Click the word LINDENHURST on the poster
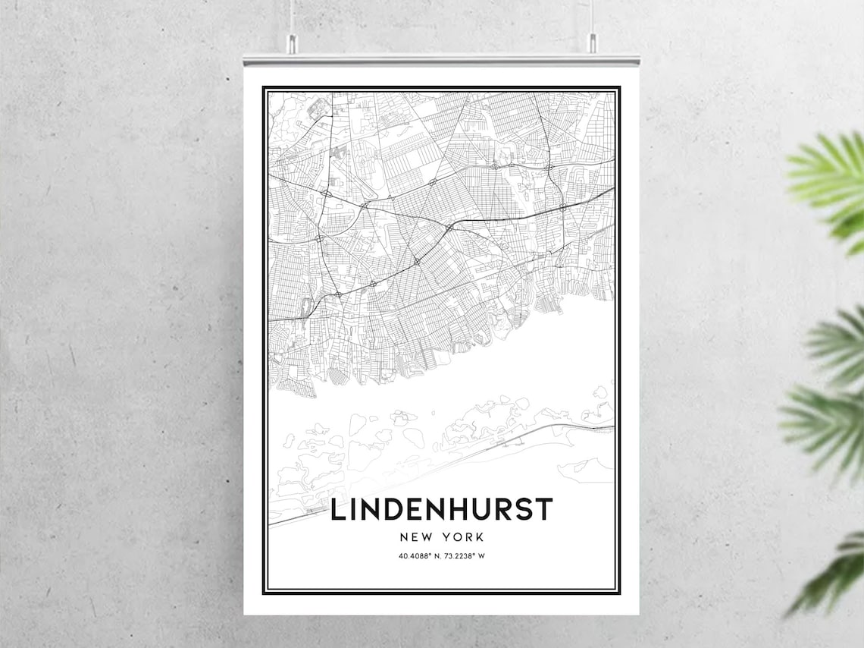coord(441,510)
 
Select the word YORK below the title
coord(465,537)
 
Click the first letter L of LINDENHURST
coord(338,510)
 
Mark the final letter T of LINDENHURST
coord(544,510)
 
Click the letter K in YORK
coord(480,537)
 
